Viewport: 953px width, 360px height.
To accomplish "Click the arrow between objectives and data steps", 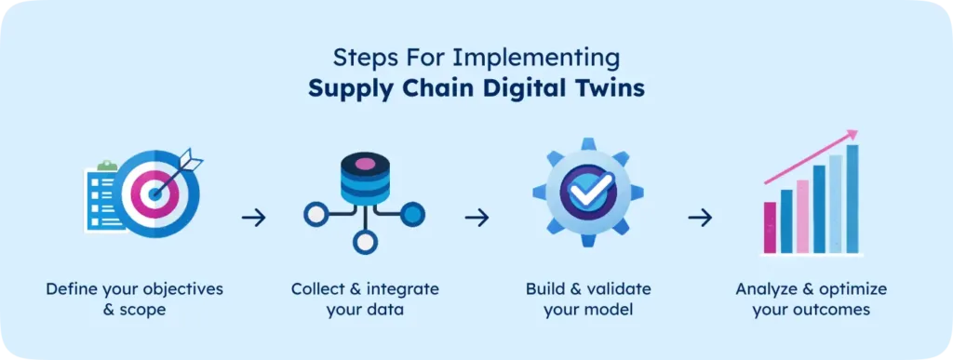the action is pos(253,218).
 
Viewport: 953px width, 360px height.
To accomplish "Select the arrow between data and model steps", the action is pos(476,218).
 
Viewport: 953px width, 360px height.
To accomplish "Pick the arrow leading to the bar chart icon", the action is pos(700,218).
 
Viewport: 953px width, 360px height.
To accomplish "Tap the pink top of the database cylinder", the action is pos(365,164).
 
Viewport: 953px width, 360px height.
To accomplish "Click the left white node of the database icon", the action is pos(315,216).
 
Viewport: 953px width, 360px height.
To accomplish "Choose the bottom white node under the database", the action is pos(365,245).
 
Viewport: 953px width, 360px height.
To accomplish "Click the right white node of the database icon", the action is pos(415,216).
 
